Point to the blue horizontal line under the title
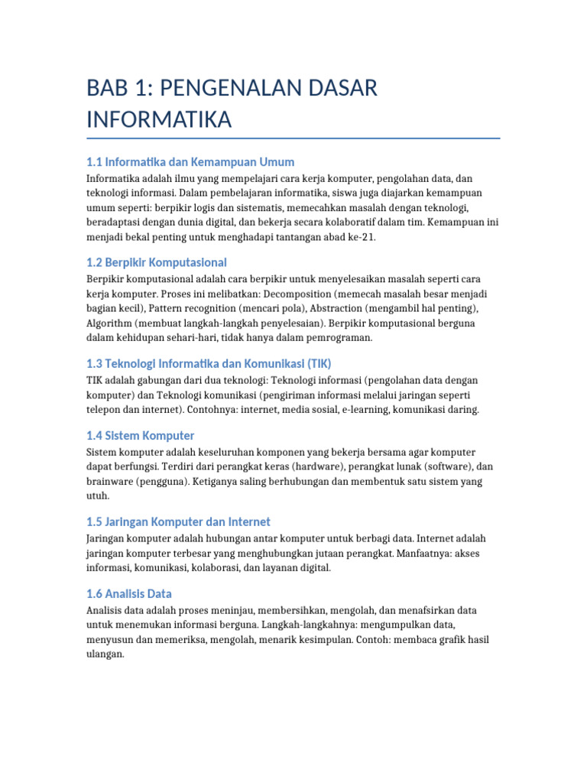click(x=293, y=138)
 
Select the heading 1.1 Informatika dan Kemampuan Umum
click(x=190, y=162)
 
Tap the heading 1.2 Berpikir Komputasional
click(x=157, y=262)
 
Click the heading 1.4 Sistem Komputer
click(x=141, y=436)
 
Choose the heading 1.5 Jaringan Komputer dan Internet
click(x=178, y=521)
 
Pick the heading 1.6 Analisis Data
click(x=129, y=593)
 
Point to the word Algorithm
click(x=110, y=323)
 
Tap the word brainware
click(x=109, y=482)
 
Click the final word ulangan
click(x=105, y=655)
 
